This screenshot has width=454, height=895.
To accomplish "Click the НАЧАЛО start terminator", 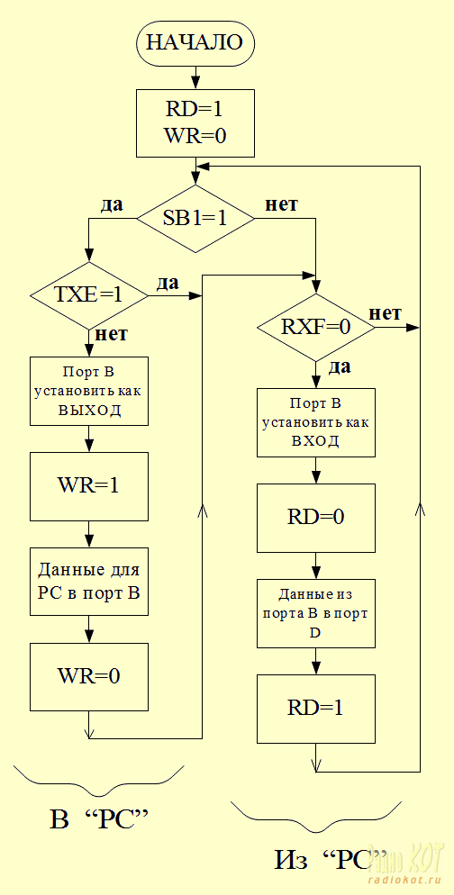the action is click(195, 43).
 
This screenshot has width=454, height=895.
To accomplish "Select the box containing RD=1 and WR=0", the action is click(195, 122).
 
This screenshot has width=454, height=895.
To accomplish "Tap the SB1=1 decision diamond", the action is click(195, 219).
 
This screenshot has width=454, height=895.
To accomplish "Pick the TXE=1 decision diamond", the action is click(88, 296).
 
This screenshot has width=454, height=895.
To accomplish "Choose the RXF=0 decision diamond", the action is click(316, 328).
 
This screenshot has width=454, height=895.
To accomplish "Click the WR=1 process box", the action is click(88, 486).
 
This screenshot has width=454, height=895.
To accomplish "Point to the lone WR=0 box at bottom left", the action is click(88, 677).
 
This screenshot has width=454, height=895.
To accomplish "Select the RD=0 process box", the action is click(316, 517).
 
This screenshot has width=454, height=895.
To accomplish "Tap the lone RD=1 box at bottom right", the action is click(316, 708).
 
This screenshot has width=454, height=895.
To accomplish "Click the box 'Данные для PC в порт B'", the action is click(88, 582).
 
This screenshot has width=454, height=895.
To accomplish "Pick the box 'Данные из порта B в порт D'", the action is click(316, 613).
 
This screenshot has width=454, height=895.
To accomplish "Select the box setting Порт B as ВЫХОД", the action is click(88, 391).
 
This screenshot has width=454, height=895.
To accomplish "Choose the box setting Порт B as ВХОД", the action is click(316, 422).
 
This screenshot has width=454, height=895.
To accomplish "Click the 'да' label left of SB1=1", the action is click(112, 205).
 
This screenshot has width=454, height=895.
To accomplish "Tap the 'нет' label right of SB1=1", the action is click(282, 205).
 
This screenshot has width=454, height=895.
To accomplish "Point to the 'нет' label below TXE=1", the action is click(112, 333).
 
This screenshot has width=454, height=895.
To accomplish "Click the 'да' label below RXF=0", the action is click(340, 367).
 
